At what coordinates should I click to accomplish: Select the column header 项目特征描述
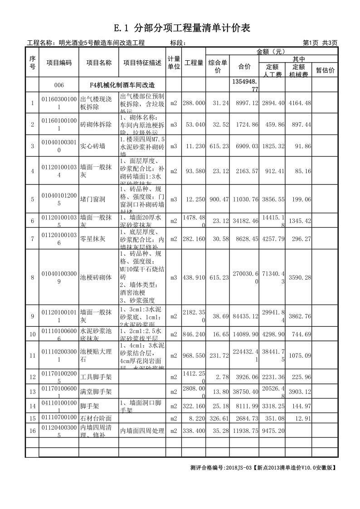coord(142,63)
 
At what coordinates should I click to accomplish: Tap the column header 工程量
coord(194,63)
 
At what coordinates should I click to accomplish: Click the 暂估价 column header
coord(325,70)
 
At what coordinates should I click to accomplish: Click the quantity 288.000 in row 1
coord(194,103)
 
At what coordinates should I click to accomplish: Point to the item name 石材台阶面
coord(96,418)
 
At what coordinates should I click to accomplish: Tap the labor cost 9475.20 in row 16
coord(272,431)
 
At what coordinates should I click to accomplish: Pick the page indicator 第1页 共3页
coord(320,43)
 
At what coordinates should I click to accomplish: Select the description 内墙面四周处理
coord(142,431)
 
